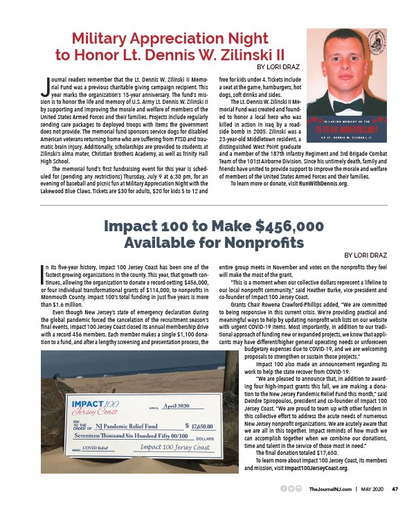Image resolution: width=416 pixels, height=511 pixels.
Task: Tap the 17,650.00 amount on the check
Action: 205,428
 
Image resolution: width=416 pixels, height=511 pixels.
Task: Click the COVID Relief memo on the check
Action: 97,449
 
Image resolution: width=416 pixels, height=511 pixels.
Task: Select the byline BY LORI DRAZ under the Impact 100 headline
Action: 374,255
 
